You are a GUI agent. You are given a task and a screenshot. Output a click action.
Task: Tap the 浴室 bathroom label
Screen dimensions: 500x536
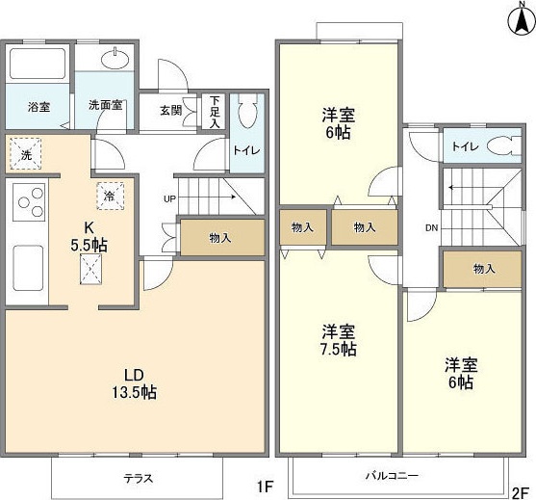(x=38, y=106)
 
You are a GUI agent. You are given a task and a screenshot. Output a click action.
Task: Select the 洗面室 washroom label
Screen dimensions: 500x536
(x=105, y=106)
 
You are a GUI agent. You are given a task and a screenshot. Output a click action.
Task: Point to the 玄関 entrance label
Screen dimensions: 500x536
(x=170, y=109)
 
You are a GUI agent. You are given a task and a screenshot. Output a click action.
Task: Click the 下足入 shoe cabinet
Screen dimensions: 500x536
(x=215, y=111)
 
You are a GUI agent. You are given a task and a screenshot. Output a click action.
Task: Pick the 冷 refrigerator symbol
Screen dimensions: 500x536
(x=110, y=194)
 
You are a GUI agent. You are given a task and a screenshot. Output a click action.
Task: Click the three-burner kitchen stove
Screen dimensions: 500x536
(x=28, y=204)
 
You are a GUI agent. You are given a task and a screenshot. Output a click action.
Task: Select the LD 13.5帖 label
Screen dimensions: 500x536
(x=133, y=382)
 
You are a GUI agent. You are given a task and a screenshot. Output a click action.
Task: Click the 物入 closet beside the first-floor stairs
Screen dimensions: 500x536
(x=220, y=237)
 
